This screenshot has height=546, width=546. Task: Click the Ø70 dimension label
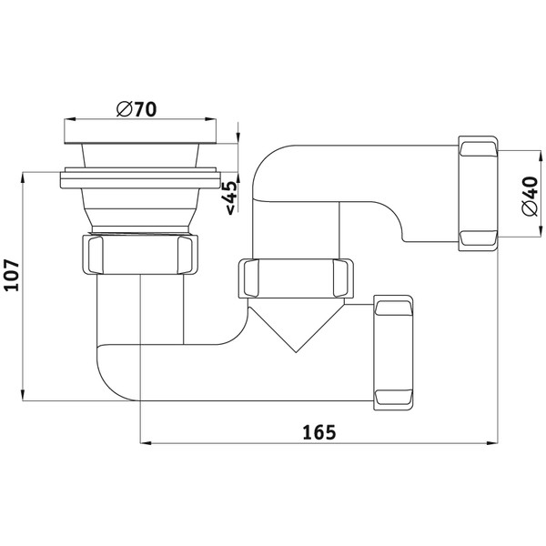136,109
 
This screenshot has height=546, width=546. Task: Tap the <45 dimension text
231,197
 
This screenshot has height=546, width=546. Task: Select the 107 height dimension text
13,275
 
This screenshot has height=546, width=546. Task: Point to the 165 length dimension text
319,432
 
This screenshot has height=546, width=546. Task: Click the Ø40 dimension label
531,197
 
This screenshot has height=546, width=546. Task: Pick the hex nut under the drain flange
140,255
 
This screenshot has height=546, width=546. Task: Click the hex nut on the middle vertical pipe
296,278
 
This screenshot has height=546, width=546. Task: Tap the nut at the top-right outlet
478,193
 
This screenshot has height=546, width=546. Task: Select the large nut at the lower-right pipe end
393,352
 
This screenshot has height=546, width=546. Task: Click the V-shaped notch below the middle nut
296,326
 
